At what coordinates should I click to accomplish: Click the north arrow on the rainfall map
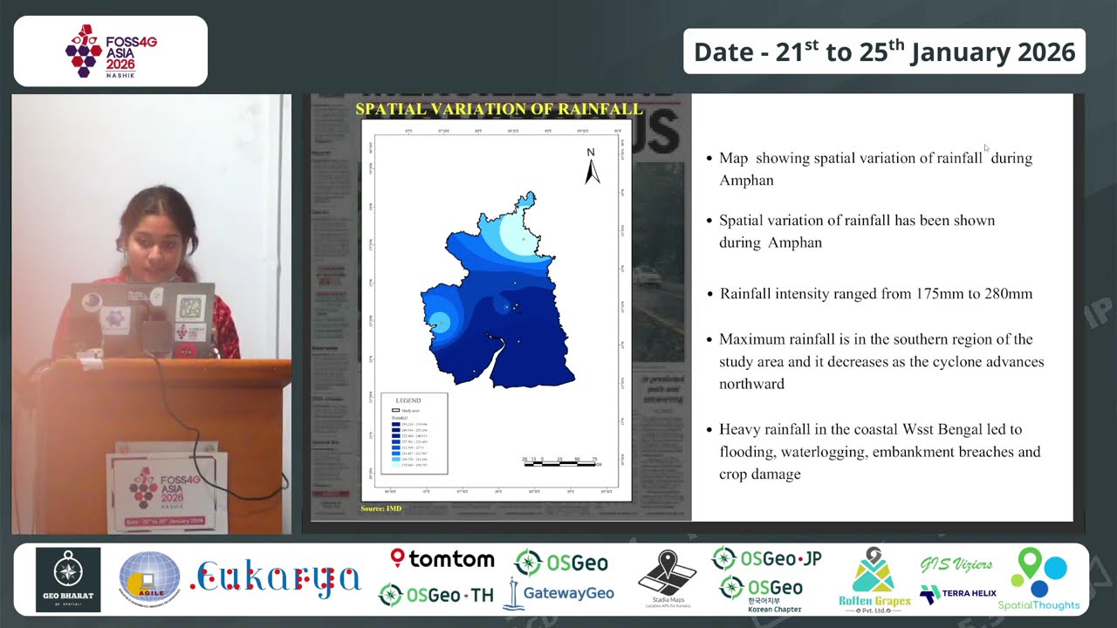[592, 167]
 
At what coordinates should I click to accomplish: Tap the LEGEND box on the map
[414, 433]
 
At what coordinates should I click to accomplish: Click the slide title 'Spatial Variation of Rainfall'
[498, 109]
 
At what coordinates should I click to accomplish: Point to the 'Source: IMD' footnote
[380, 509]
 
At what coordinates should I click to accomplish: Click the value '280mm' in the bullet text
[1008, 294]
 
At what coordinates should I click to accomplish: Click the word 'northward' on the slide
[751, 384]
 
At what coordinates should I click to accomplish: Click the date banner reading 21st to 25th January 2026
[884, 51]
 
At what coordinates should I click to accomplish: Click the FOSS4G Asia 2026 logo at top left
[111, 51]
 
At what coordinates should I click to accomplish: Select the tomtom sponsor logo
[442, 559]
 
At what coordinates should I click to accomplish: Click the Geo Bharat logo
[68, 580]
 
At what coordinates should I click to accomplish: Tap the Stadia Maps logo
[667, 579]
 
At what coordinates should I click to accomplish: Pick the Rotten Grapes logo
[874, 579]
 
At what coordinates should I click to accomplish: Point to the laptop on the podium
[144, 318]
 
